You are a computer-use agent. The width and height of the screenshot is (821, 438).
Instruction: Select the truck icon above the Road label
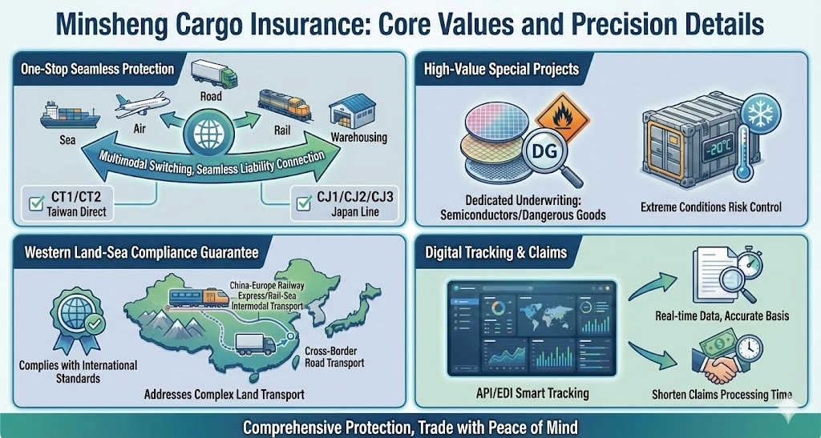point(213,74)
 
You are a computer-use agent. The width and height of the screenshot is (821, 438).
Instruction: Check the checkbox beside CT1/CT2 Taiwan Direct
point(37,203)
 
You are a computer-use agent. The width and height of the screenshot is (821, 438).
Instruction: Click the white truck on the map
point(255,345)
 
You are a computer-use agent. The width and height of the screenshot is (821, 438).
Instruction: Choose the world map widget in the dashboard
point(544,315)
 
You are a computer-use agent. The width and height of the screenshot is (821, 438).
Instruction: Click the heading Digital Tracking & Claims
point(495,253)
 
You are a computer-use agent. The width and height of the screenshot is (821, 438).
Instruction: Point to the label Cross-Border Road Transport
point(334,357)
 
